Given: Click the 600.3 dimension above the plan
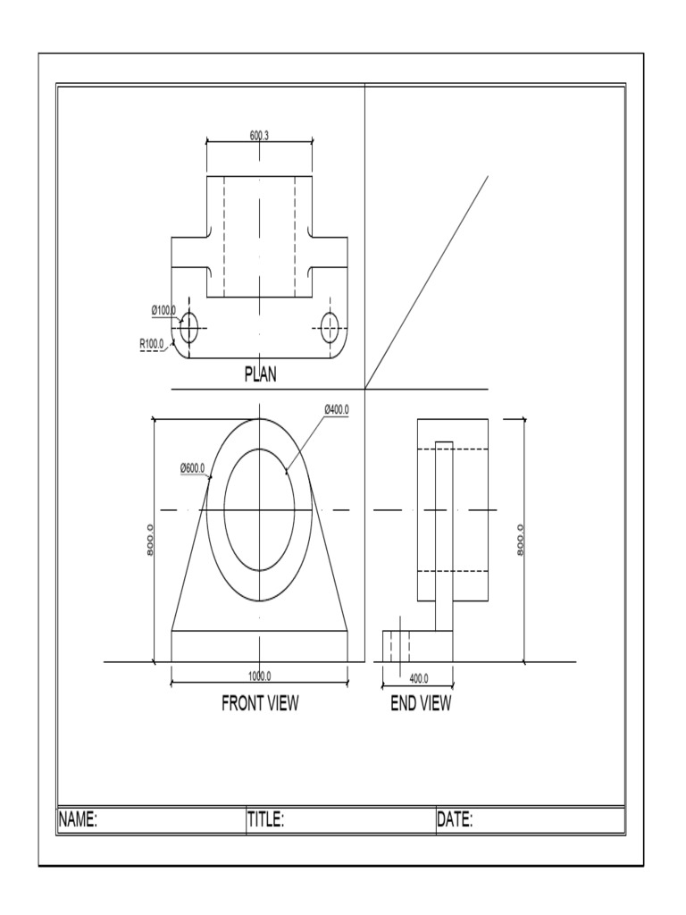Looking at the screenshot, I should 260,135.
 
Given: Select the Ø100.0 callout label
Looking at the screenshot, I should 163,309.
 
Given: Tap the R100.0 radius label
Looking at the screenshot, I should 151,342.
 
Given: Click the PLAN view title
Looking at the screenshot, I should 260,375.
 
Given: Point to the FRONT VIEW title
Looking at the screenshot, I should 260,703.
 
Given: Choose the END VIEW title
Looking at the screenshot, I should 421,703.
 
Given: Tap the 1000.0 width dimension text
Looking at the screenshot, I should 259,676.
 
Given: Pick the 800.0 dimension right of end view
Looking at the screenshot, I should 520,539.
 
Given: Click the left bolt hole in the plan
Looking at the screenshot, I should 188,327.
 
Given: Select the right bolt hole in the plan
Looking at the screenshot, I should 331,327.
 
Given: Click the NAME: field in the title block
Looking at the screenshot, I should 78,819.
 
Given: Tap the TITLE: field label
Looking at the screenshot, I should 265,819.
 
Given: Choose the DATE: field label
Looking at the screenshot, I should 455,819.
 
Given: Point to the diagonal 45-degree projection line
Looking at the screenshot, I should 427,281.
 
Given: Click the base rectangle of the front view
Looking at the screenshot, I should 259,646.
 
